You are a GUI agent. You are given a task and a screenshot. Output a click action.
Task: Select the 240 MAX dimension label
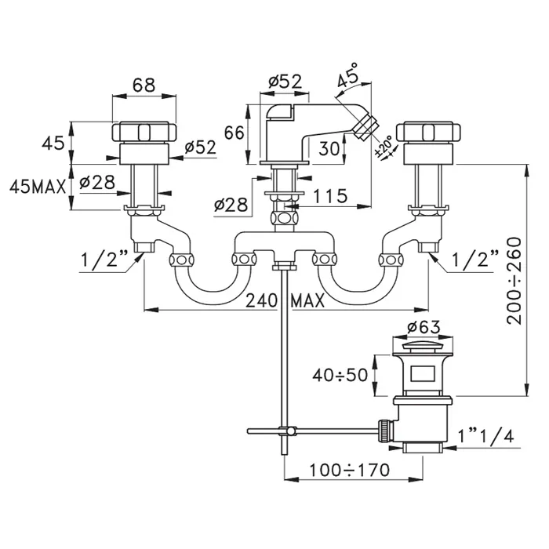(285, 300)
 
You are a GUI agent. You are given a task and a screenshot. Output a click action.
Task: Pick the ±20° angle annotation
(385, 147)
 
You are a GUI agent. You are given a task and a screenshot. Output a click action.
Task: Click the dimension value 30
(329, 148)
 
